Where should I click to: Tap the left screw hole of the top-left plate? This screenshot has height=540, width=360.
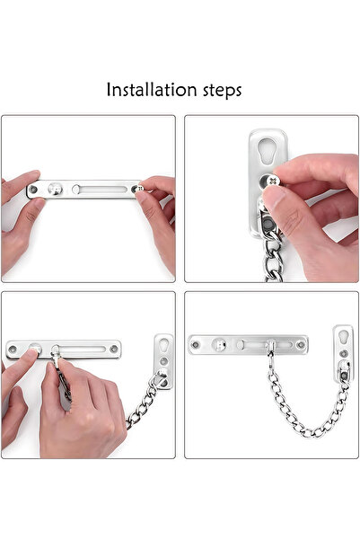point(33,190)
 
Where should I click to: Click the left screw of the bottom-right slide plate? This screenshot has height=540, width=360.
point(196,343)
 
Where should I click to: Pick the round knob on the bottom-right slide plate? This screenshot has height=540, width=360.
point(219,342)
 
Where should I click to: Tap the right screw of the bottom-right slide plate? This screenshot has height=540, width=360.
point(302,342)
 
